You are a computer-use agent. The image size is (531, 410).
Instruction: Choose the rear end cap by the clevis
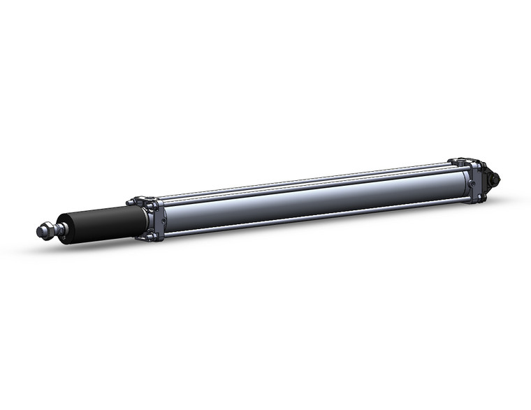tap(477, 181)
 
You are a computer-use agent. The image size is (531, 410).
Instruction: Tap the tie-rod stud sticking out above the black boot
tap(131, 203)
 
